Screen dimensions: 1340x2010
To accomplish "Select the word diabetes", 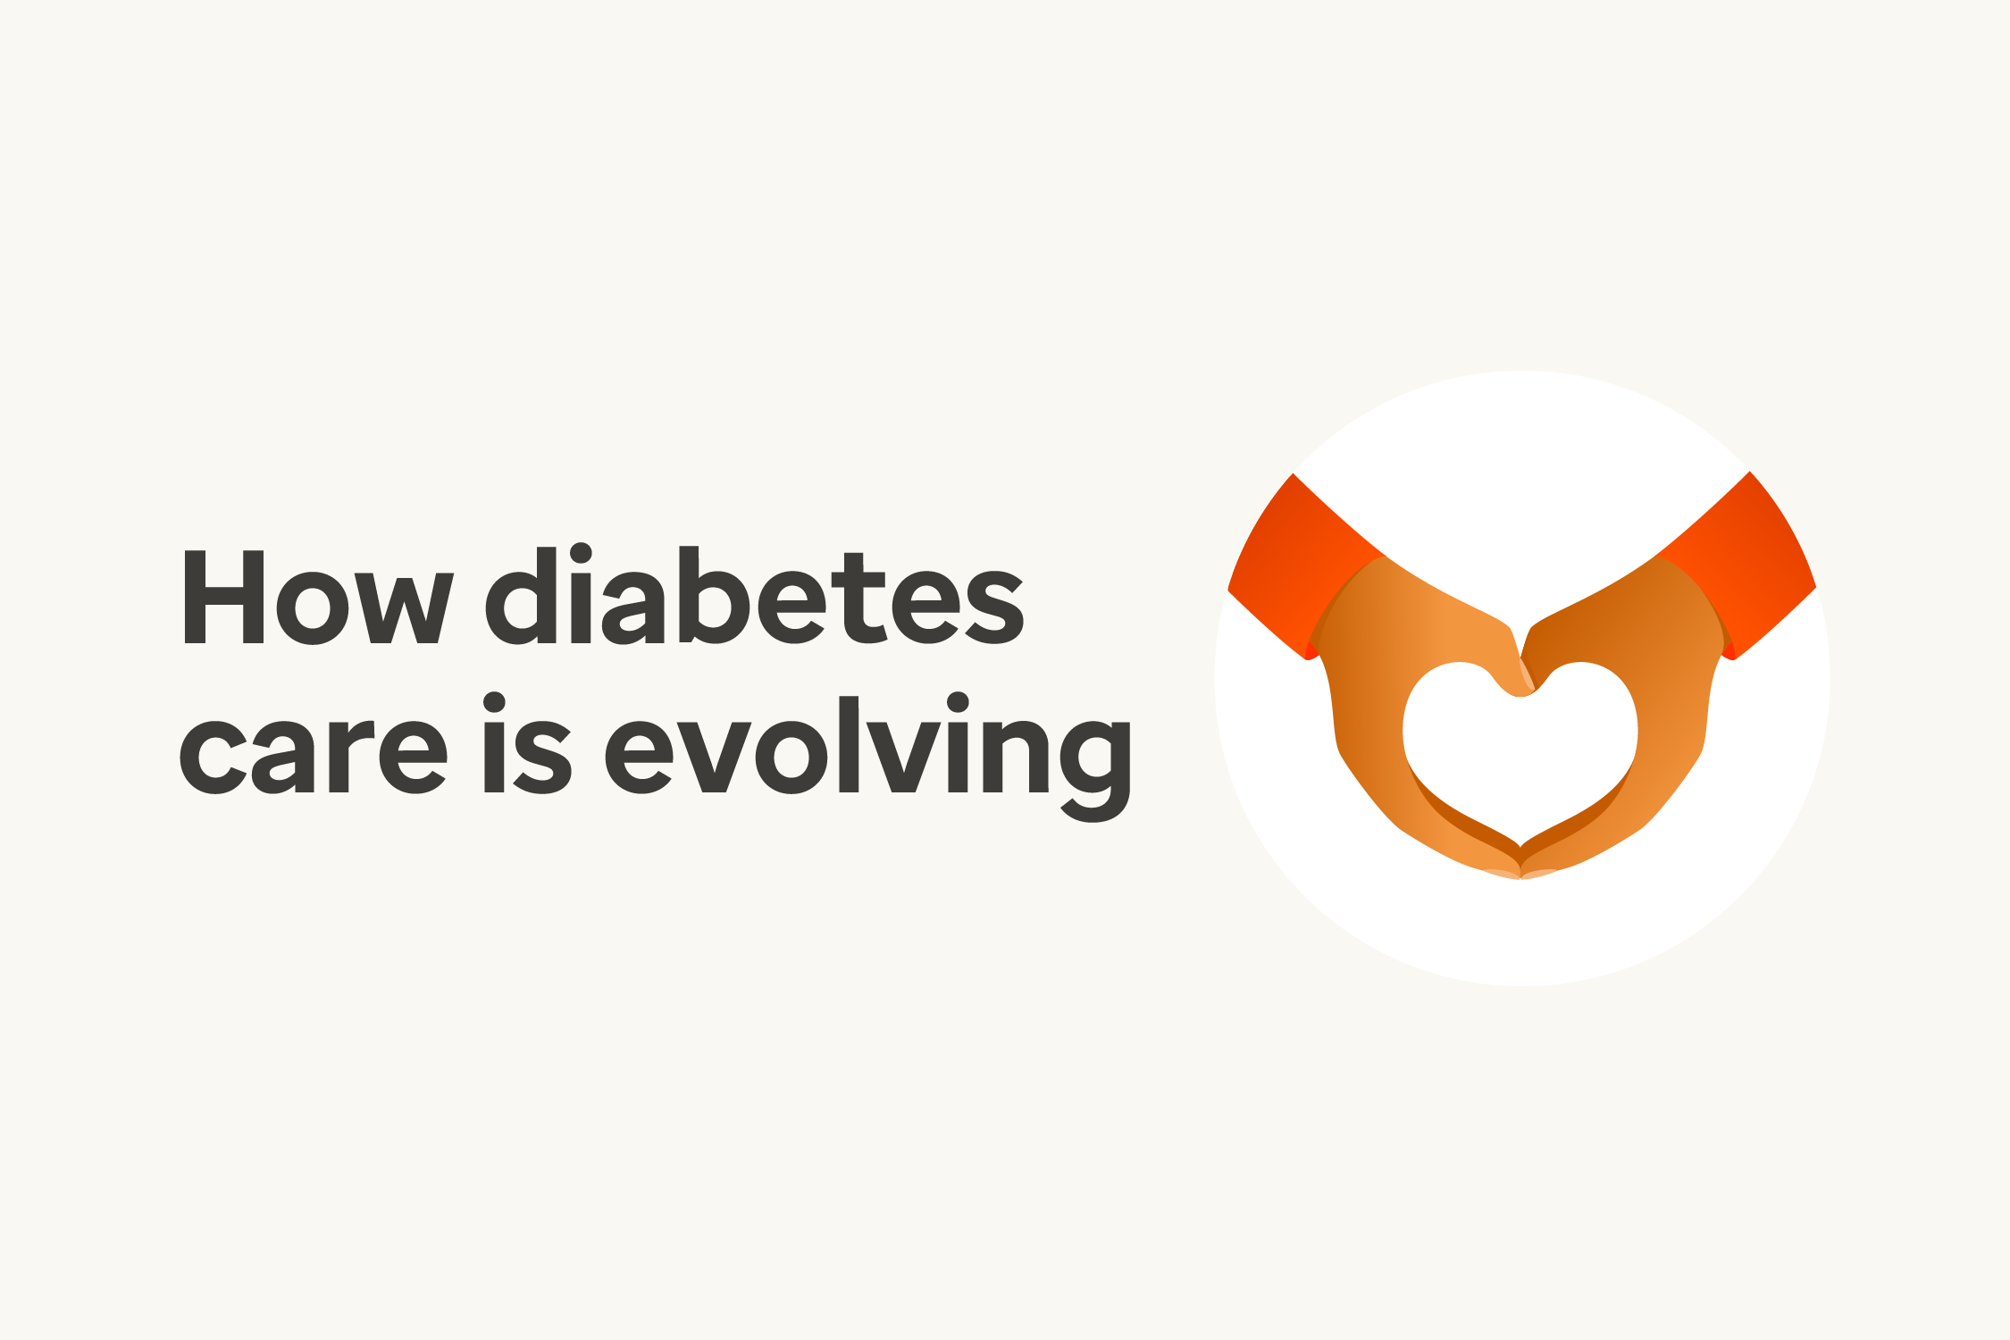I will (755, 595).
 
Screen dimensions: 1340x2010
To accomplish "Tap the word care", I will (313, 746).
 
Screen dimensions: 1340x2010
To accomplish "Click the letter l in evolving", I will (849, 742).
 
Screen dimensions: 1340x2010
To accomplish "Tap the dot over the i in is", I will (495, 703).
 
